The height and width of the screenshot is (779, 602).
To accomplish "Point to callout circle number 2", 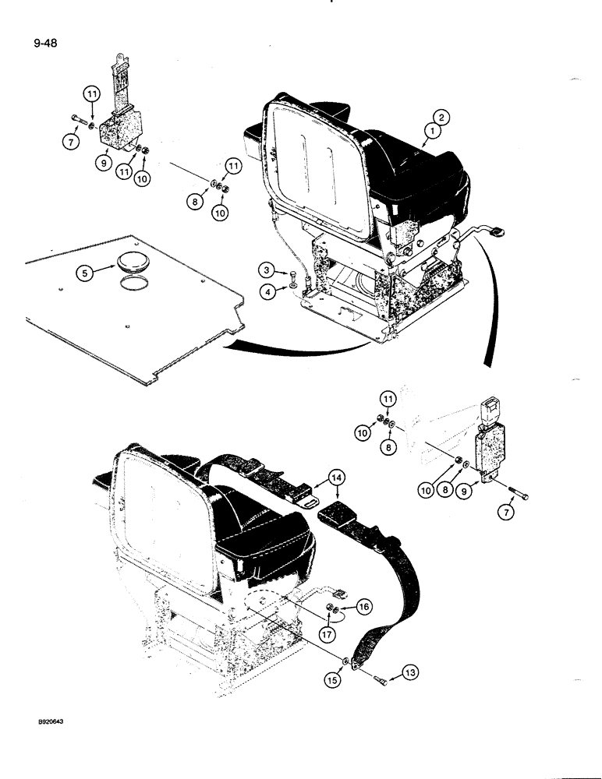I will pyautogui.click(x=441, y=118).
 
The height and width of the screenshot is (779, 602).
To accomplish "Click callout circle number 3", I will pyautogui.click(x=266, y=271).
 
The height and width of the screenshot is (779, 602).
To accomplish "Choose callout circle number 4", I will pyautogui.click(x=266, y=293).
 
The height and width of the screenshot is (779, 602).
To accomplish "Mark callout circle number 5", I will pyautogui.click(x=84, y=273).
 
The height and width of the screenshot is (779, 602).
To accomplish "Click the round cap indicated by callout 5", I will pyautogui.click(x=128, y=259).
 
